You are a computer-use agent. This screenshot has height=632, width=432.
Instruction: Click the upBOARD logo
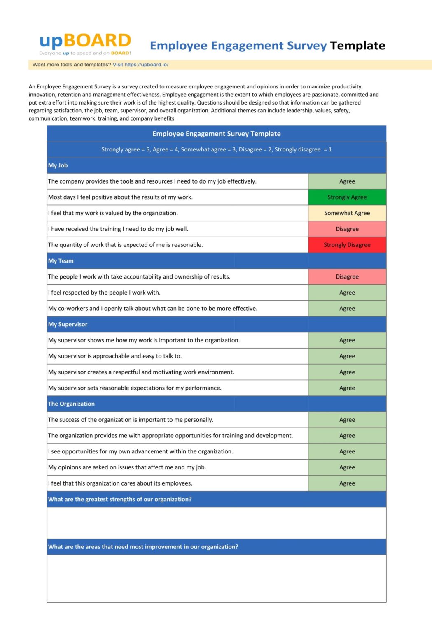point(85,43)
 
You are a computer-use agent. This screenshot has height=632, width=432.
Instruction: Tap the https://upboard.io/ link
point(146,65)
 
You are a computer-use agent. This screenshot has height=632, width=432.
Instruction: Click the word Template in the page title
point(357,46)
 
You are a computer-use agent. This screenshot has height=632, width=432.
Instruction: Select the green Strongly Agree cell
point(347,197)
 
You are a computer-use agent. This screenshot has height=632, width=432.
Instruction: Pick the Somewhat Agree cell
point(347,213)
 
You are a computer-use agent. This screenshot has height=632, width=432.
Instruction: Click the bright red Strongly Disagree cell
point(347,245)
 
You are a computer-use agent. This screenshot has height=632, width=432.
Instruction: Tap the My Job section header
point(58,165)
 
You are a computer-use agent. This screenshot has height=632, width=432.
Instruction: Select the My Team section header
point(61,261)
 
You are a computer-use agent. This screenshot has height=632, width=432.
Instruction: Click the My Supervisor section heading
point(68,324)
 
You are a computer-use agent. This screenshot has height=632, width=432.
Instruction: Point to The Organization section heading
point(72,404)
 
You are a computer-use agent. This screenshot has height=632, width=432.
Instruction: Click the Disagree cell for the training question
point(347,229)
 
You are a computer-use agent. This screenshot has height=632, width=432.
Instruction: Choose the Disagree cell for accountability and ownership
point(347,276)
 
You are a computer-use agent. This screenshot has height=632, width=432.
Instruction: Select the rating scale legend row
point(216,149)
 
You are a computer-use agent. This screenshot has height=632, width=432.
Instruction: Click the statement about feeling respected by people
point(105,293)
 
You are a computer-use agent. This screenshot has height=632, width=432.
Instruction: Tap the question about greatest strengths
point(120,499)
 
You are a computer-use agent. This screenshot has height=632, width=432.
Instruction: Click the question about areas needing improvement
point(143,547)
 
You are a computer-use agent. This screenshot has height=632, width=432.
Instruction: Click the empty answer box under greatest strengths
point(216,523)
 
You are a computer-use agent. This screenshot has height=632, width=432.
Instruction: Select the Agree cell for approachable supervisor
point(347,356)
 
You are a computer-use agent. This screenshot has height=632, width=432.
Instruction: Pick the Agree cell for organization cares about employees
point(347,483)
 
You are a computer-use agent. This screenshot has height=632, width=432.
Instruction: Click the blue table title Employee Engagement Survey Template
point(216,134)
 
